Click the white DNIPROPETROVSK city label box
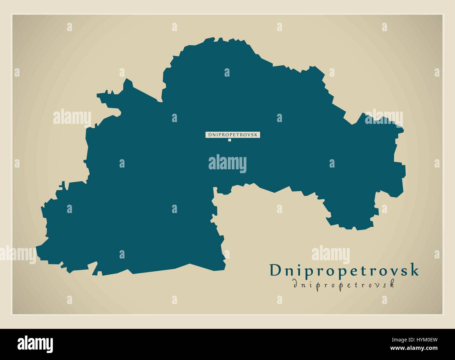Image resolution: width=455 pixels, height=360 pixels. pos(233,134)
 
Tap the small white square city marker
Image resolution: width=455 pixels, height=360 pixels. pos(230,140)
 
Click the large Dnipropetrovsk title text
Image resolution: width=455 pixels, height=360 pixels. pos(344,270)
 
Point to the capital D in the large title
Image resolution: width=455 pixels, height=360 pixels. pos(275,270)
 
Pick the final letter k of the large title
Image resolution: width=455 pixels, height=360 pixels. pos(414,271)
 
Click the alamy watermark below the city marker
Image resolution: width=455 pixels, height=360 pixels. pos(227,163)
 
